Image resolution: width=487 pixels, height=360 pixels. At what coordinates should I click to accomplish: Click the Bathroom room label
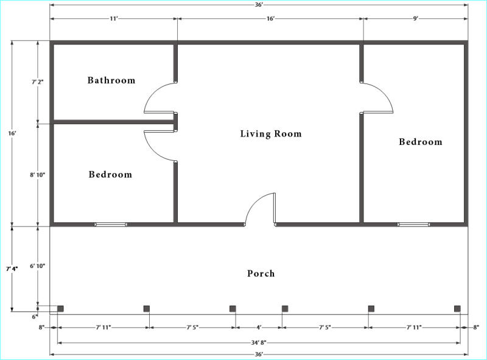pyautogui.click(x=111, y=80)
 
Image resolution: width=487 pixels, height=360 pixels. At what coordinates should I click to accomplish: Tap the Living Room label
pyautogui.click(x=271, y=133)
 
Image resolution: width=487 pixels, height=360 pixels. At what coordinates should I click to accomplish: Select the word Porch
pyautogui.click(x=261, y=274)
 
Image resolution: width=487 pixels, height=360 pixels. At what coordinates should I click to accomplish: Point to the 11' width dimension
pyautogui.click(x=114, y=19)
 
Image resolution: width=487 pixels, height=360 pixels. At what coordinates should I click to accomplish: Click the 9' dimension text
pyautogui.click(x=416, y=19)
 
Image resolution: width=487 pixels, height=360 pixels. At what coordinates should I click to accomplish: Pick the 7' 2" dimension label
pyautogui.click(x=38, y=82)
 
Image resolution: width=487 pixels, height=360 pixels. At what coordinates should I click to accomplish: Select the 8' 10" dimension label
pyautogui.click(x=38, y=175)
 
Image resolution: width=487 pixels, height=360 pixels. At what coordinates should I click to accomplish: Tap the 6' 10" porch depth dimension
pyautogui.click(x=38, y=266)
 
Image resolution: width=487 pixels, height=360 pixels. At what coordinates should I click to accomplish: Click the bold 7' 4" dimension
pyautogui.click(x=12, y=269)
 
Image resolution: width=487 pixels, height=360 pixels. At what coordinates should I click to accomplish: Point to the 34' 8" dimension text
pyautogui.click(x=259, y=342)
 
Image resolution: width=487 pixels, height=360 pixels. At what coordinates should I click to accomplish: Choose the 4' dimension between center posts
pyautogui.click(x=259, y=327)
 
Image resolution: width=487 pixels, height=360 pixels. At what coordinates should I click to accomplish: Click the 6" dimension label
pyautogui.click(x=35, y=317)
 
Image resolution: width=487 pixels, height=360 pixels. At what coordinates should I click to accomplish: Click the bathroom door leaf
pyautogui.click(x=159, y=112)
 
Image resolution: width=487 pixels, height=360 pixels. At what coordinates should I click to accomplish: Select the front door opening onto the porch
pyautogui.click(x=275, y=208)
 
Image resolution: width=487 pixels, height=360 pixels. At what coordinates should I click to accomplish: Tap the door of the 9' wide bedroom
pyautogui.click(x=378, y=112)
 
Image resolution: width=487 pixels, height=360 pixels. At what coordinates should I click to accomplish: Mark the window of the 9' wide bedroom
pyautogui.click(x=413, y=224)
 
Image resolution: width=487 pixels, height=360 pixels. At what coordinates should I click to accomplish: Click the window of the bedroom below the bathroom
pyautogui.click(x=111, y=224)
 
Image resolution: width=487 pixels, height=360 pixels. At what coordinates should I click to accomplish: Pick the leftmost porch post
pyautogui.click(x=60, y=309)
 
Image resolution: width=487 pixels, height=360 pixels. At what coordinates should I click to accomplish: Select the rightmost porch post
pyautogui.click(x=457, y=309)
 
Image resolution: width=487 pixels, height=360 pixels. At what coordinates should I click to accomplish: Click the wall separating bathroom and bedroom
pyautogui.click(x=114, y=122)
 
